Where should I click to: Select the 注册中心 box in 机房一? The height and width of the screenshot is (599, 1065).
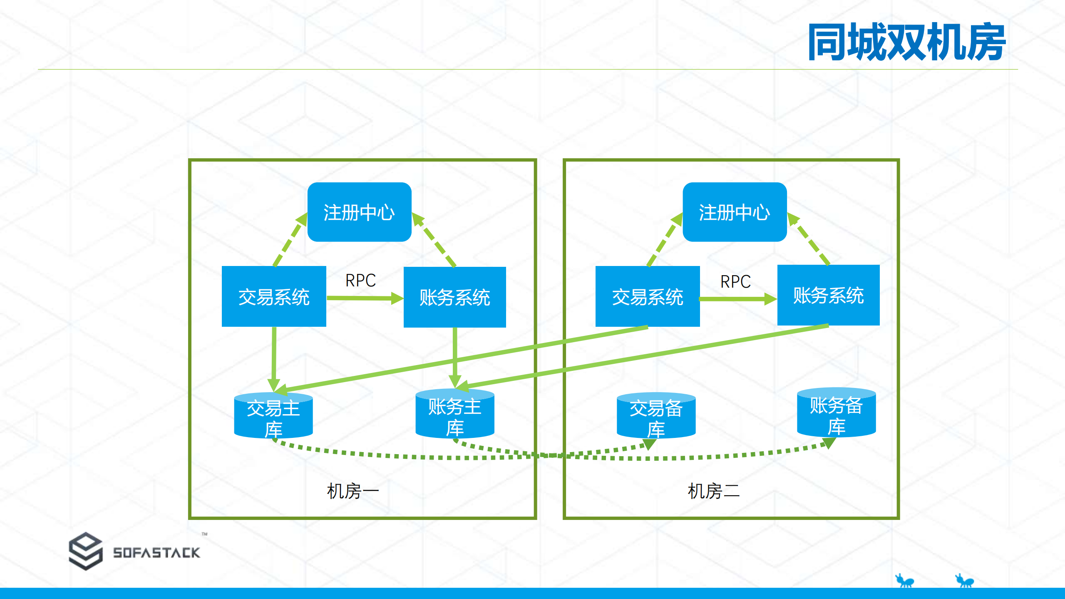click(359, 212)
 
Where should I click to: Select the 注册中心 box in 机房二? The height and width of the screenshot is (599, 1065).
click(735, 212)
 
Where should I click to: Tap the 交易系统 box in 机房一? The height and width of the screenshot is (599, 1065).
click(274, 296)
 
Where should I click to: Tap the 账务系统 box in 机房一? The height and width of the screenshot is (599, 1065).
click(454, 297)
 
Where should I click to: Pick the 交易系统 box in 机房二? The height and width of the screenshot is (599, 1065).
click(648, 296)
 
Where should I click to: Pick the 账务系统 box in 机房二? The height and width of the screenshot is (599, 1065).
click(828, 295)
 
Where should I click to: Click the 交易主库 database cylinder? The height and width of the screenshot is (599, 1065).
click(273, 416)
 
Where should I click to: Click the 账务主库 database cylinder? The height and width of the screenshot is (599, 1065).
click(454, 415)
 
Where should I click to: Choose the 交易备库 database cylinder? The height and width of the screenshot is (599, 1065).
click(656, 416)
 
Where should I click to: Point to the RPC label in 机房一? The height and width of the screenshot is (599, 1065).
click(360, 280)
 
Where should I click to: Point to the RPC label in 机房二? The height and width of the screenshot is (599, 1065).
click(735, 281)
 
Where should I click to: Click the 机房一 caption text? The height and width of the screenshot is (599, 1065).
click(353, 491)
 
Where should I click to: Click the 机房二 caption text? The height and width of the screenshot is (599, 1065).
click(713, 491)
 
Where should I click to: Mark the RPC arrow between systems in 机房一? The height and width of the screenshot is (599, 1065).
click(362, 298)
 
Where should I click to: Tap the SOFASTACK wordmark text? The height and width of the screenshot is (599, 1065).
click(156, 552)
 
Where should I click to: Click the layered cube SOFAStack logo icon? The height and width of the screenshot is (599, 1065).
click(85, 551)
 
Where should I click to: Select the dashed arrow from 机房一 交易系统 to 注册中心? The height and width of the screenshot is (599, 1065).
click(290, 241)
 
